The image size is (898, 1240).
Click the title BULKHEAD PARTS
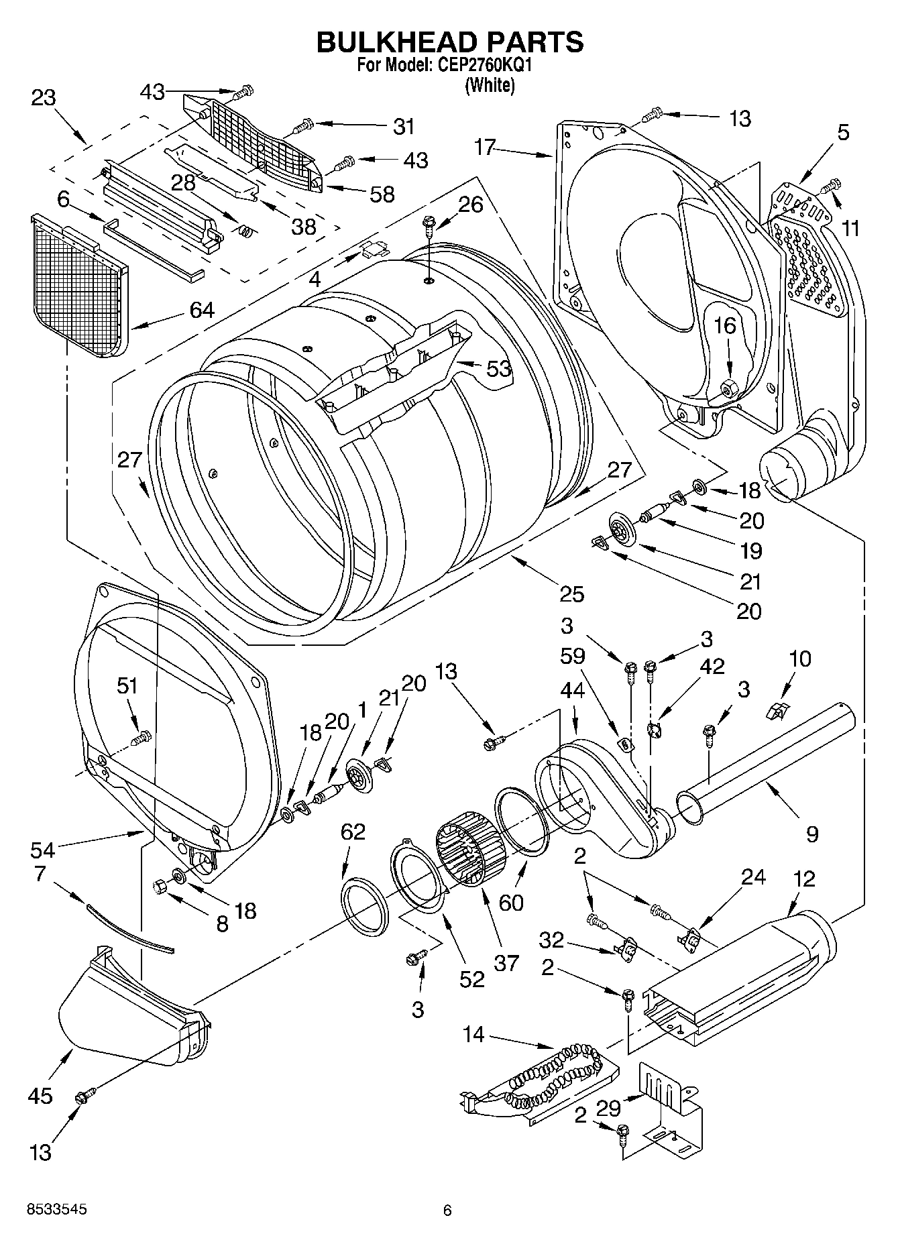(x=449, y=42)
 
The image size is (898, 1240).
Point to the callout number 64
(x=201, y=310)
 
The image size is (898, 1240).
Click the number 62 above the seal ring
(x=353, y=832)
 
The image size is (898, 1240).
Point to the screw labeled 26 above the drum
(x=428, y=223)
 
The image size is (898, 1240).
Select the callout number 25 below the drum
(x=571, y=594)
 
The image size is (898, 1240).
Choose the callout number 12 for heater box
(x=803, y=879)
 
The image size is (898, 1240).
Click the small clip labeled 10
(x=776, y=711)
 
